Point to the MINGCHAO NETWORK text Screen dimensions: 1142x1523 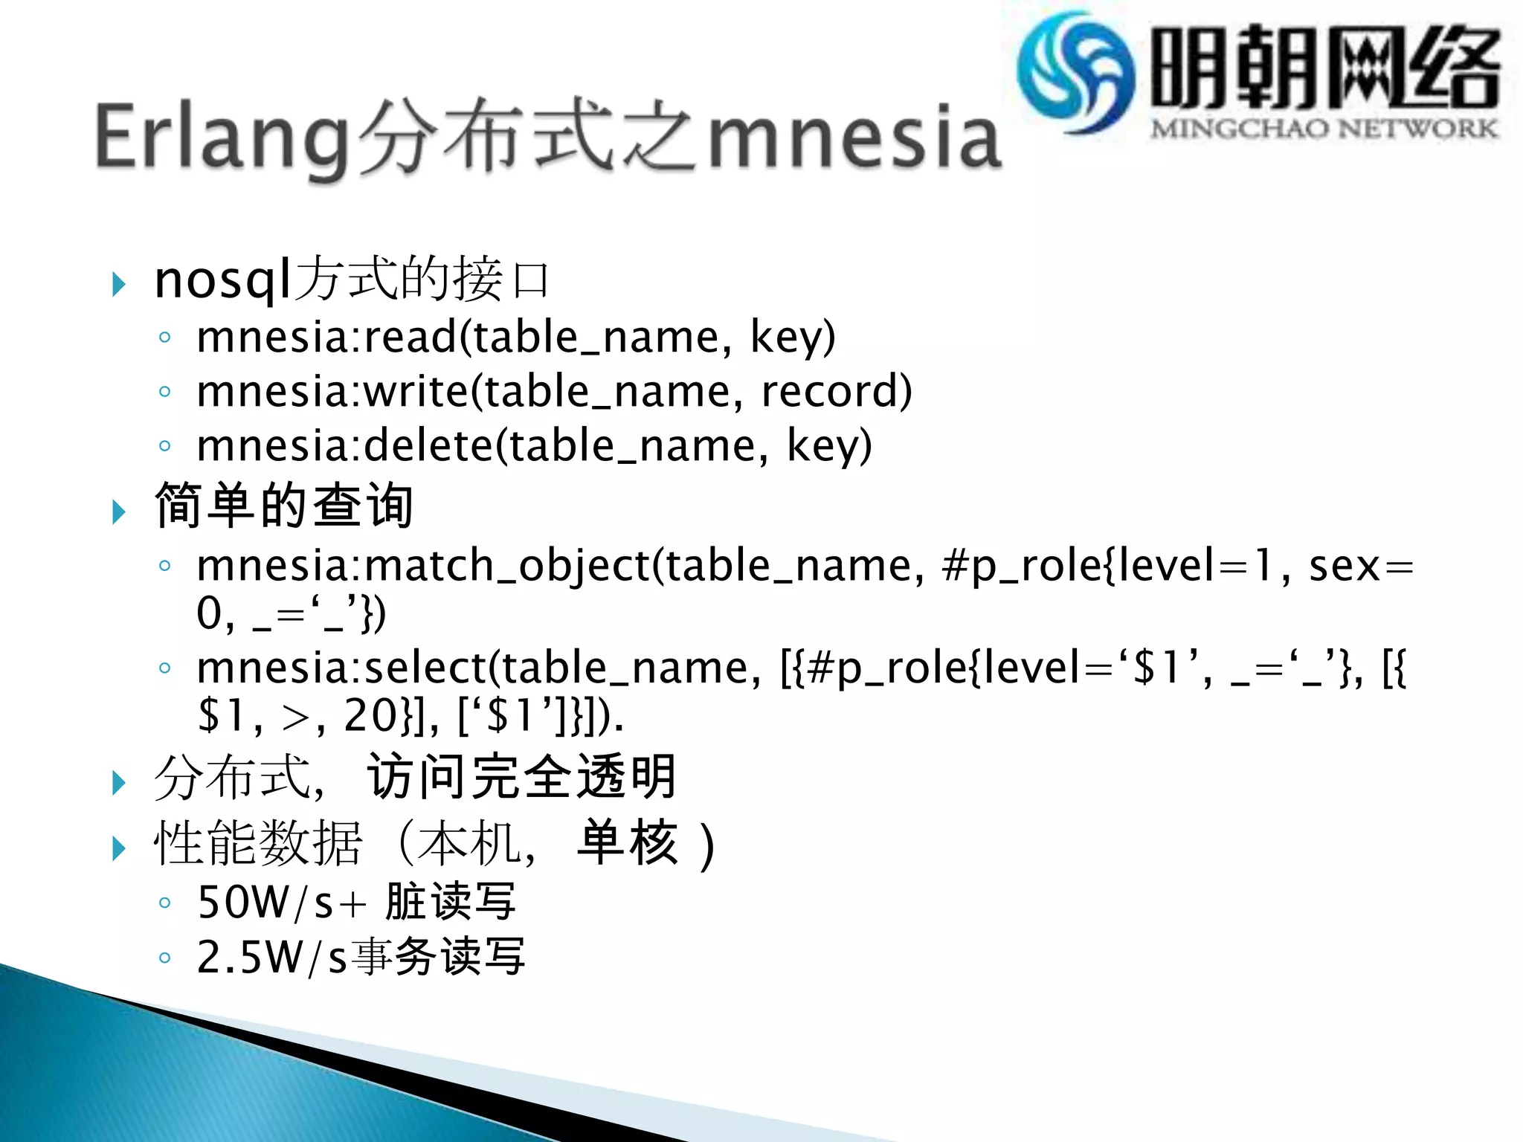click(x=1324, y=129)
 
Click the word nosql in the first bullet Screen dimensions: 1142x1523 click(x=222, y=280)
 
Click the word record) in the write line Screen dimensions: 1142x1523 click(x=837, y=391)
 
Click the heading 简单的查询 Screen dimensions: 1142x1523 click(x=284, y=506)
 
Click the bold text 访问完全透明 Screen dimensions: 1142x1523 click(x=522, y=778)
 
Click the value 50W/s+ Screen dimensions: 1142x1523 click(x=283, y=903)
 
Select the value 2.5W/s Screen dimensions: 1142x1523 click(x=272, y=958)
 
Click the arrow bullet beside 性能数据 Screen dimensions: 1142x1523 click(x=118, y=848)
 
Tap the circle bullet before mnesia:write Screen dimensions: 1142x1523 click(x=164, y=391)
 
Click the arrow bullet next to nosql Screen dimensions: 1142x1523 click(x=118, y=284)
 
